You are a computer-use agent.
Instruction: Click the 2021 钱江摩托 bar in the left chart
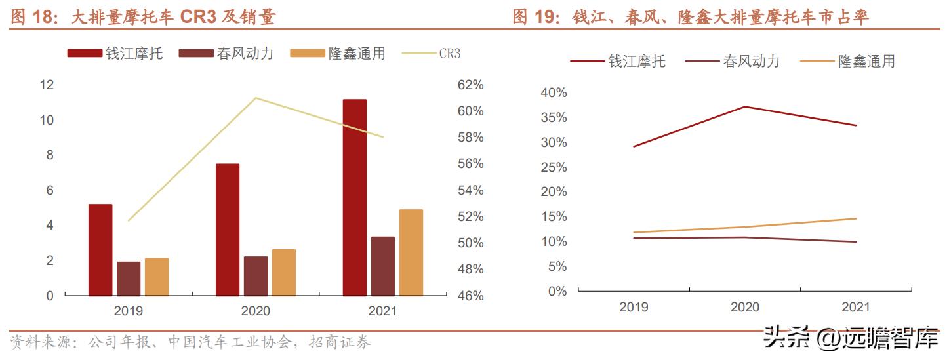point(355,197)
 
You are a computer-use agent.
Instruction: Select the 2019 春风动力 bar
point(129,279)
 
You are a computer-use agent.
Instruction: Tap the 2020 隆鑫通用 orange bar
point(284,272)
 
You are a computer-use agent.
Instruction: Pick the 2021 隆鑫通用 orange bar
point(411,252)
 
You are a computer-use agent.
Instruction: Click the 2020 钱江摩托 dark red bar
point(228,230)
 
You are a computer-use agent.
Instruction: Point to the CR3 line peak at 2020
point(255,98)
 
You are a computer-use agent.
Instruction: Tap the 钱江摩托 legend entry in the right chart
point(617,62)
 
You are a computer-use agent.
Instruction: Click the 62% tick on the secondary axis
point(470,85)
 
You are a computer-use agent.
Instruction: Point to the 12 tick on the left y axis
point(47,85)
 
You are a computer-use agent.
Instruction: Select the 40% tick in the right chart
point(553,93)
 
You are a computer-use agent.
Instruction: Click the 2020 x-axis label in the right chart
point(745,307)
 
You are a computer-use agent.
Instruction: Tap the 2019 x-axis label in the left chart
point(129,311)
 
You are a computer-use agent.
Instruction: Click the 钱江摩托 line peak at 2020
point(745,106)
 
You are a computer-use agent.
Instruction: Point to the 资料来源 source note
point(190,342)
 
